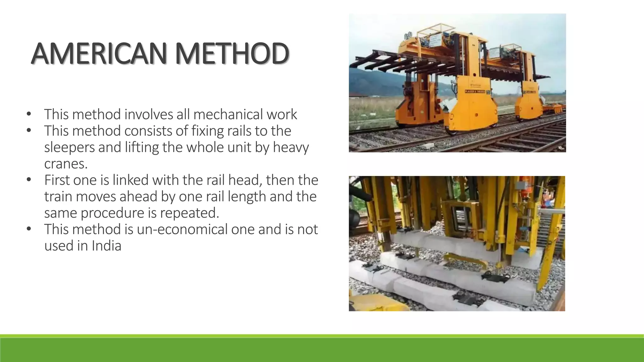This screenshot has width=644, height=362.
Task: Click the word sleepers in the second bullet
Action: (x=69, y=147)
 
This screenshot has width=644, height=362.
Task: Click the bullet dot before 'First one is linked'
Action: (x=29, y=179)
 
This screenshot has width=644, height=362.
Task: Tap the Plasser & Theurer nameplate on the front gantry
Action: (x=475, y=92)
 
